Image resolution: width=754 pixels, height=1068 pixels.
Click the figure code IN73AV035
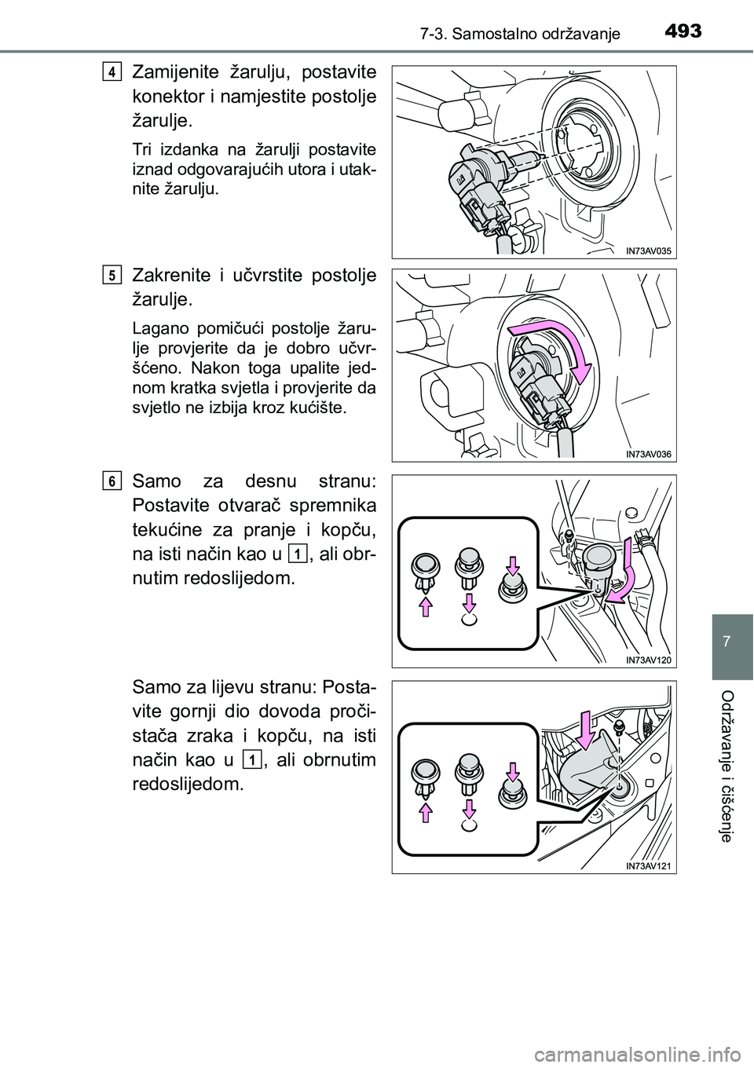(x=650, y=250)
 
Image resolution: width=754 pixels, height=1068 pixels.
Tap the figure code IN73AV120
(x=650, y=660)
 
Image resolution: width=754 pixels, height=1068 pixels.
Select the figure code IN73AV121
(x=650, y=865)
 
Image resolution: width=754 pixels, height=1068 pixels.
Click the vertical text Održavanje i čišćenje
(x=732, y=766)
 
